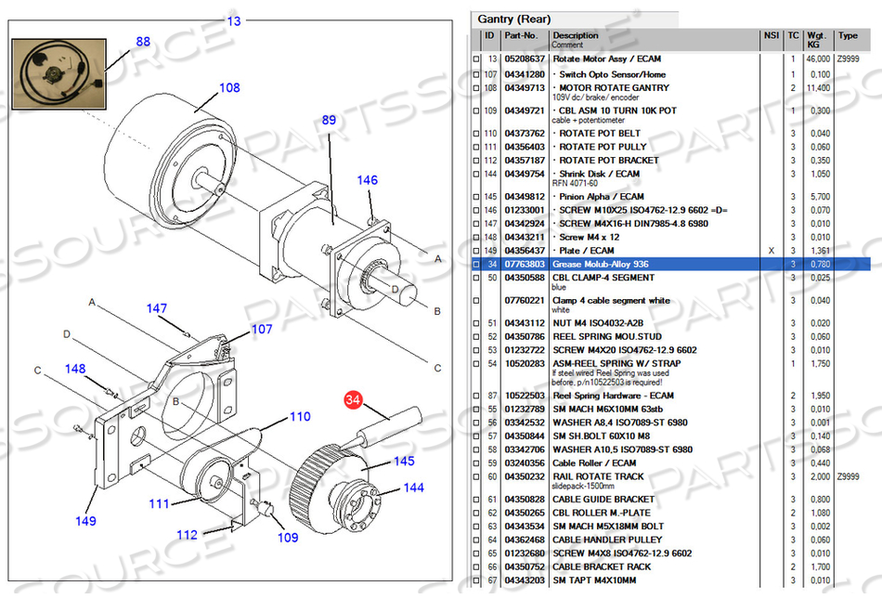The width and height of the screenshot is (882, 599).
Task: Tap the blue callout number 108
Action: click(x=229, y=88)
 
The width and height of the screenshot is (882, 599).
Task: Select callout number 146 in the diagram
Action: click(x=368, y=180)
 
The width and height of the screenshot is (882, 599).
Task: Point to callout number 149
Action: click(x=85, y=521)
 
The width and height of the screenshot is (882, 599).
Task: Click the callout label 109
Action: click(x=288, y=537)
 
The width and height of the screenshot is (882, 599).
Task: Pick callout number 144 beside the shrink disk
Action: click(x=413, y=488)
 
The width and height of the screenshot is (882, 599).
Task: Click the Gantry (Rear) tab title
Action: click(x=513, y=20)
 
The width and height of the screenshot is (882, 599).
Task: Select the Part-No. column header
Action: click(x=522, y=36)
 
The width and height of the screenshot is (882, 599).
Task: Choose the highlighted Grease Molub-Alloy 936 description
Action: click(x=601, y=265)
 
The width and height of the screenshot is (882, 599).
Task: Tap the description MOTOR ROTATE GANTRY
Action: click(x=614, y=87)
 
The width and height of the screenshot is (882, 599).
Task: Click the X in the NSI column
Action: click(x=771, y=251)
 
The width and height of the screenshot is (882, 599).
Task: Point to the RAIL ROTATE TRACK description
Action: click(x=597, y=476)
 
